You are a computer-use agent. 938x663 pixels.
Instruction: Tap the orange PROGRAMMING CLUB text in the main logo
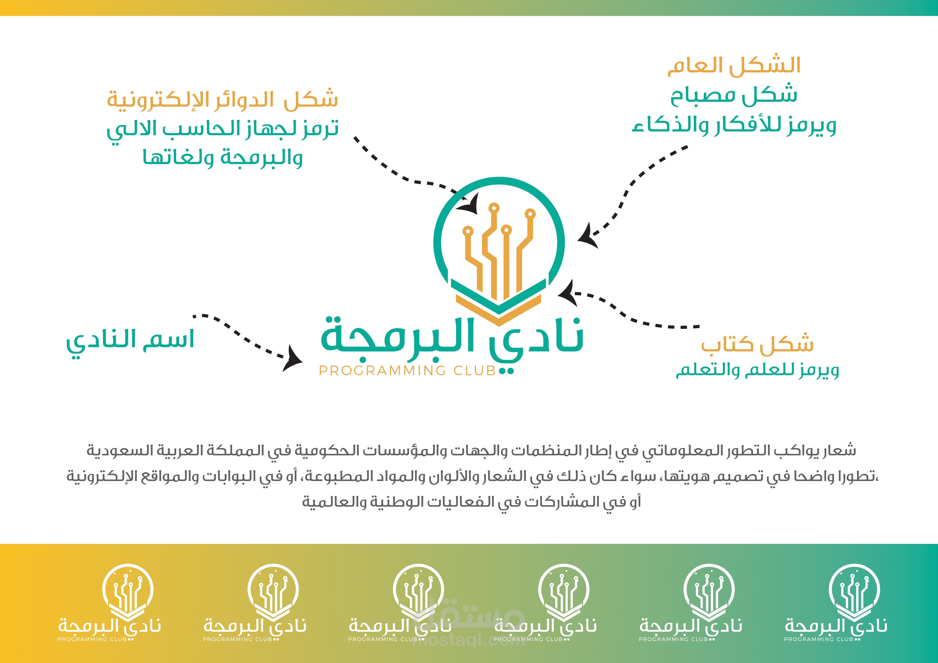pyautogui.click(x=407, y=371)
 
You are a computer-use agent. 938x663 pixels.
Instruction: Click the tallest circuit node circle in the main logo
pyautogui.click(x=494, y=208)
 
